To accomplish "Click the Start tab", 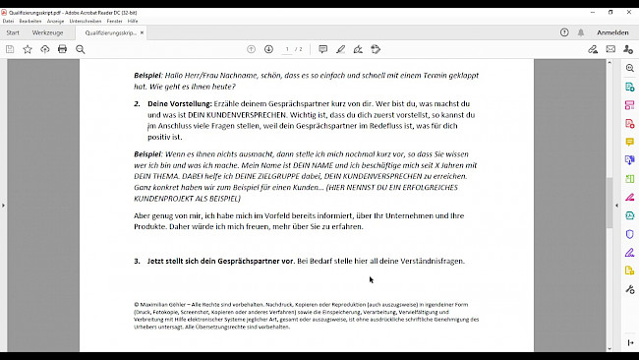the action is pos(13,32).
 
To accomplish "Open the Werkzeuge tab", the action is pos(47,32).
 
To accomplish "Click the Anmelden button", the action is pos(612,32).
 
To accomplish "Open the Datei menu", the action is pos(9,20).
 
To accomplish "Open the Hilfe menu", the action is pos(133,20).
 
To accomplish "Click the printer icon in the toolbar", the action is pos(63,49).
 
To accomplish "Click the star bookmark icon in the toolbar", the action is pos(28,49).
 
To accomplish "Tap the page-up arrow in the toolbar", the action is pos(251,49).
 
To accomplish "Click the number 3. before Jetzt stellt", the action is pos(138,262).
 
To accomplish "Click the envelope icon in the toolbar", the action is pos(610,49).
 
